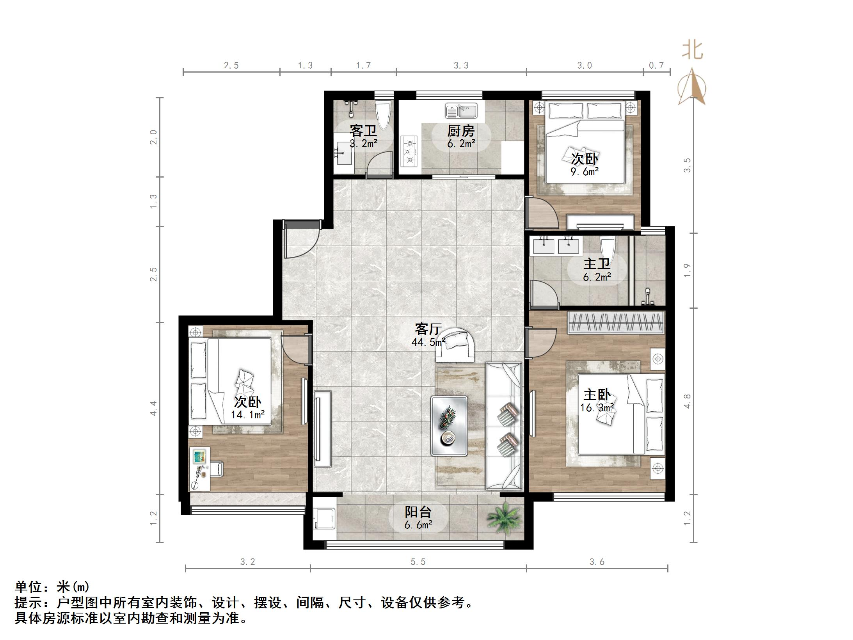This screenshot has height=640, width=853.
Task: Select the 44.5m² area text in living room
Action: click(x=428, y=342)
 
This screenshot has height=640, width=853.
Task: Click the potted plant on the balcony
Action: click(x=505, y=518)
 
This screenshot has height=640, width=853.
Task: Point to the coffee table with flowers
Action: click(x=449, y=426)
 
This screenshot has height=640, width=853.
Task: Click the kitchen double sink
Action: click(x=461, y=111)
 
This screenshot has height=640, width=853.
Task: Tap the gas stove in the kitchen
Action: click(x=409, y=151)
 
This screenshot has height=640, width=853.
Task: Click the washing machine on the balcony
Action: click(x=323, y=518)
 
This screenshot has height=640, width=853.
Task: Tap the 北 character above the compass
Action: click(x=693, y=51)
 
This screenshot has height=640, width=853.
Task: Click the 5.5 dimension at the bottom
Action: click(x=418, y=562)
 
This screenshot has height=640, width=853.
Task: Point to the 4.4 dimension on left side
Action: click(x=153, y=408)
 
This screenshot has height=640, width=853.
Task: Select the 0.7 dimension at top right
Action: click(x=656, y=66)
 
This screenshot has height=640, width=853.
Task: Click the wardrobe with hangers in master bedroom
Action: click(x=616, y=322)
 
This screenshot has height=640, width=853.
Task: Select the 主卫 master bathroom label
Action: click(x=597, y=264)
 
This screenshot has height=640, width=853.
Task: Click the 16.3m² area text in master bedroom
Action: click(x=597, y=408)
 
